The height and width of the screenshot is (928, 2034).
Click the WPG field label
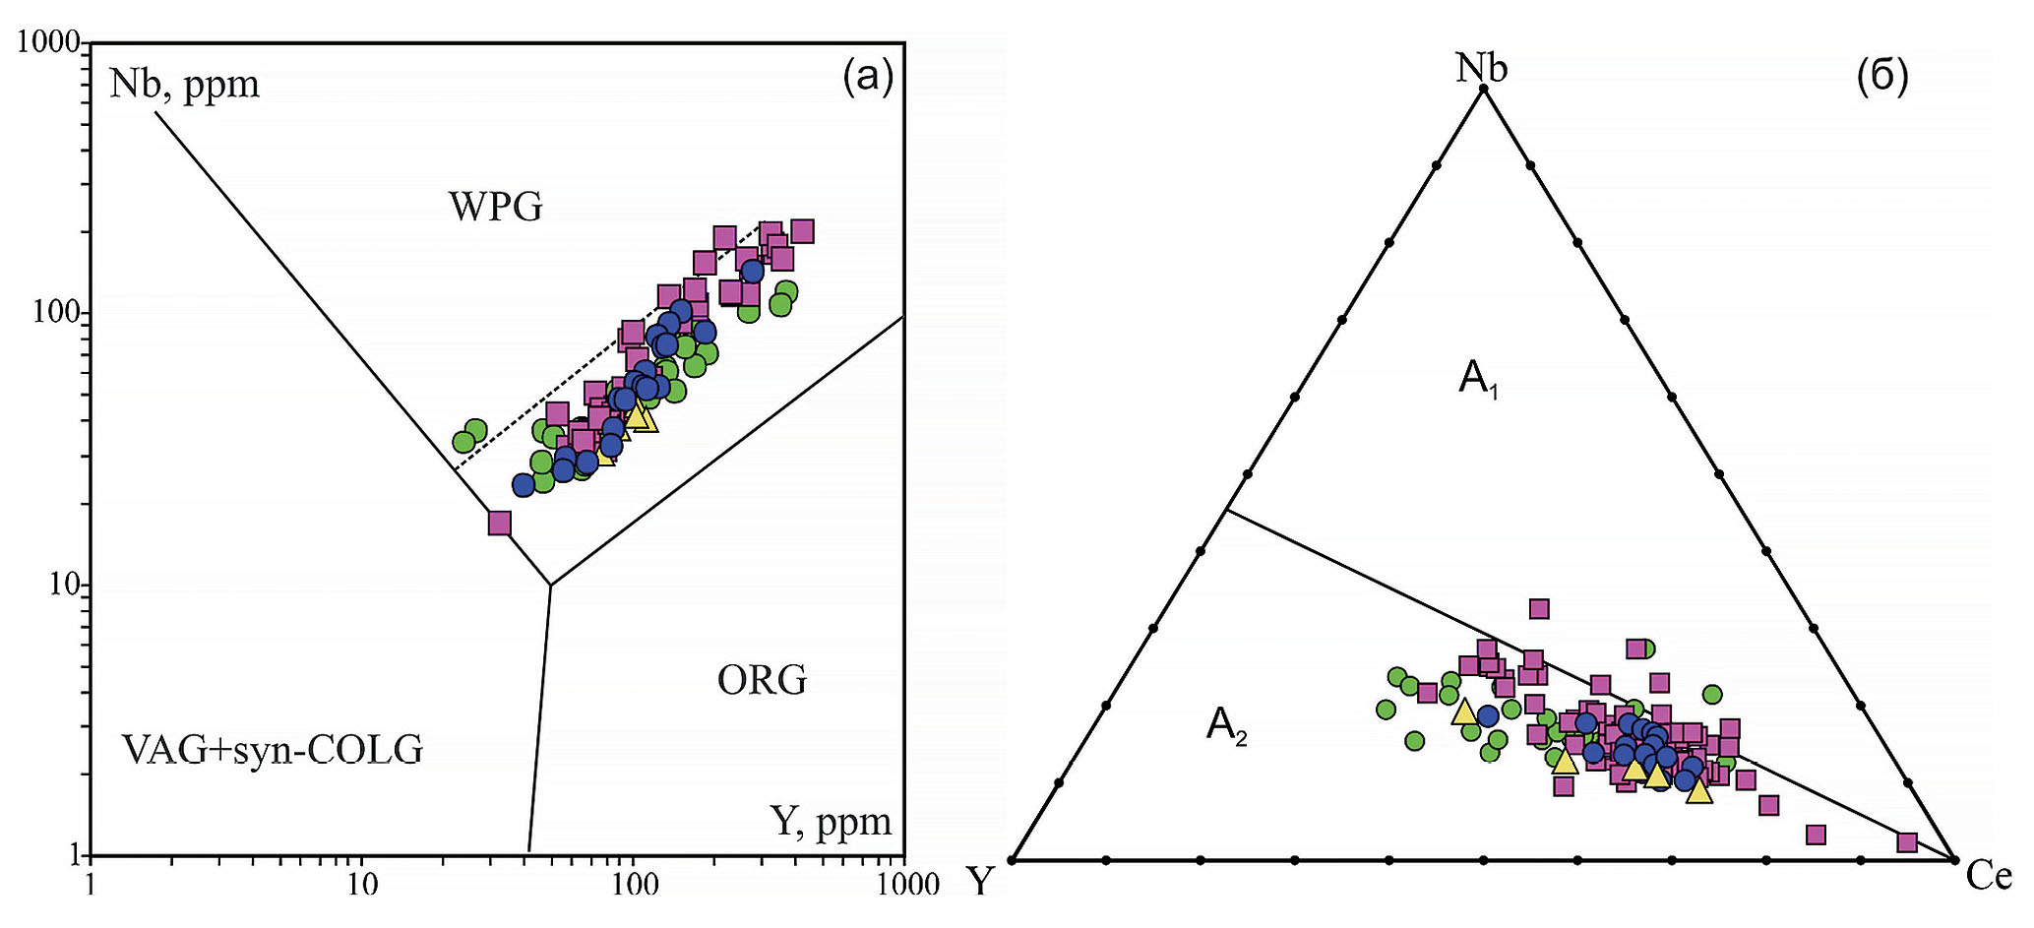click(496, 208)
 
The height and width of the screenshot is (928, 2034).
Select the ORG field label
click(762, 680)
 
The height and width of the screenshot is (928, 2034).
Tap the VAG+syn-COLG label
click(273, 751)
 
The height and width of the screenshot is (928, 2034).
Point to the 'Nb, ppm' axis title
click(184, 85)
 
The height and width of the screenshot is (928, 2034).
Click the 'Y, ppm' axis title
click(832, 821)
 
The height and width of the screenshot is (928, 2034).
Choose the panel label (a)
click(868, 76)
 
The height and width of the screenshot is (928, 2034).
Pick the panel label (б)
click(1881, 77)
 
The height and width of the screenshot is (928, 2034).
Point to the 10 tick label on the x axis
click(361, 885)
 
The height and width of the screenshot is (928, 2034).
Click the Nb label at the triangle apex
click(1482, 68)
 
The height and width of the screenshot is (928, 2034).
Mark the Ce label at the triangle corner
click(1989, 876)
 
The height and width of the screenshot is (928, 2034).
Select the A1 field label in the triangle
click(1478, 379)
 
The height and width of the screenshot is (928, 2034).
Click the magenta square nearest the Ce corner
click(1907, 842)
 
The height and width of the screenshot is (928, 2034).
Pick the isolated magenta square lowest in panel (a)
click(500, 524)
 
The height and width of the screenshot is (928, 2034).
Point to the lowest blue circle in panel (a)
click(524, 484)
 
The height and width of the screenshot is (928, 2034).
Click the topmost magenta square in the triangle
click(1539, 609)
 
